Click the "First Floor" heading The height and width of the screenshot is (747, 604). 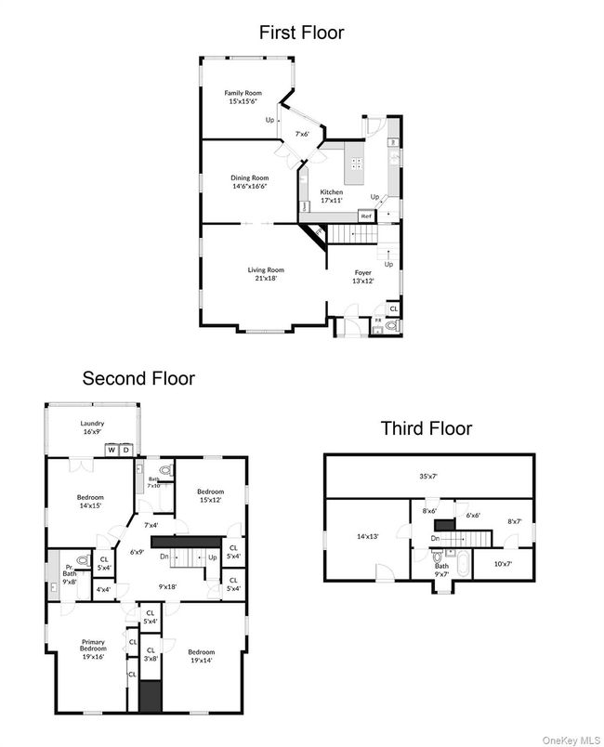coord(301,33)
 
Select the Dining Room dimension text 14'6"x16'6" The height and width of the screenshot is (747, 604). coord(249,187)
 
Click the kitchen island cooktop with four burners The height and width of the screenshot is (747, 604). coord(356,168)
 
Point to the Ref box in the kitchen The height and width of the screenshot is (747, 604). coord(366,214)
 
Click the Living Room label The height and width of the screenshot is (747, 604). coord(266,270)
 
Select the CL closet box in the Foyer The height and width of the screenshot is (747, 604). coord(393,308)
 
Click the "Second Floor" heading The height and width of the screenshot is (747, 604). coord(138,378)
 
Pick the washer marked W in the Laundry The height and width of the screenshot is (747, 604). coord(112,450)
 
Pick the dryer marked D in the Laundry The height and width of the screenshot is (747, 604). coord(126,450)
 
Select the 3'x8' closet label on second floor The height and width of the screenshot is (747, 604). coord(151,658)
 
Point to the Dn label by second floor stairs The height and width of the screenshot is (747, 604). coord(164,557)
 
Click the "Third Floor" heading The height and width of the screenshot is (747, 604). coord(426,428)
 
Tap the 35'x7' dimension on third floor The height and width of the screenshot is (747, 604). coord(428,476)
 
